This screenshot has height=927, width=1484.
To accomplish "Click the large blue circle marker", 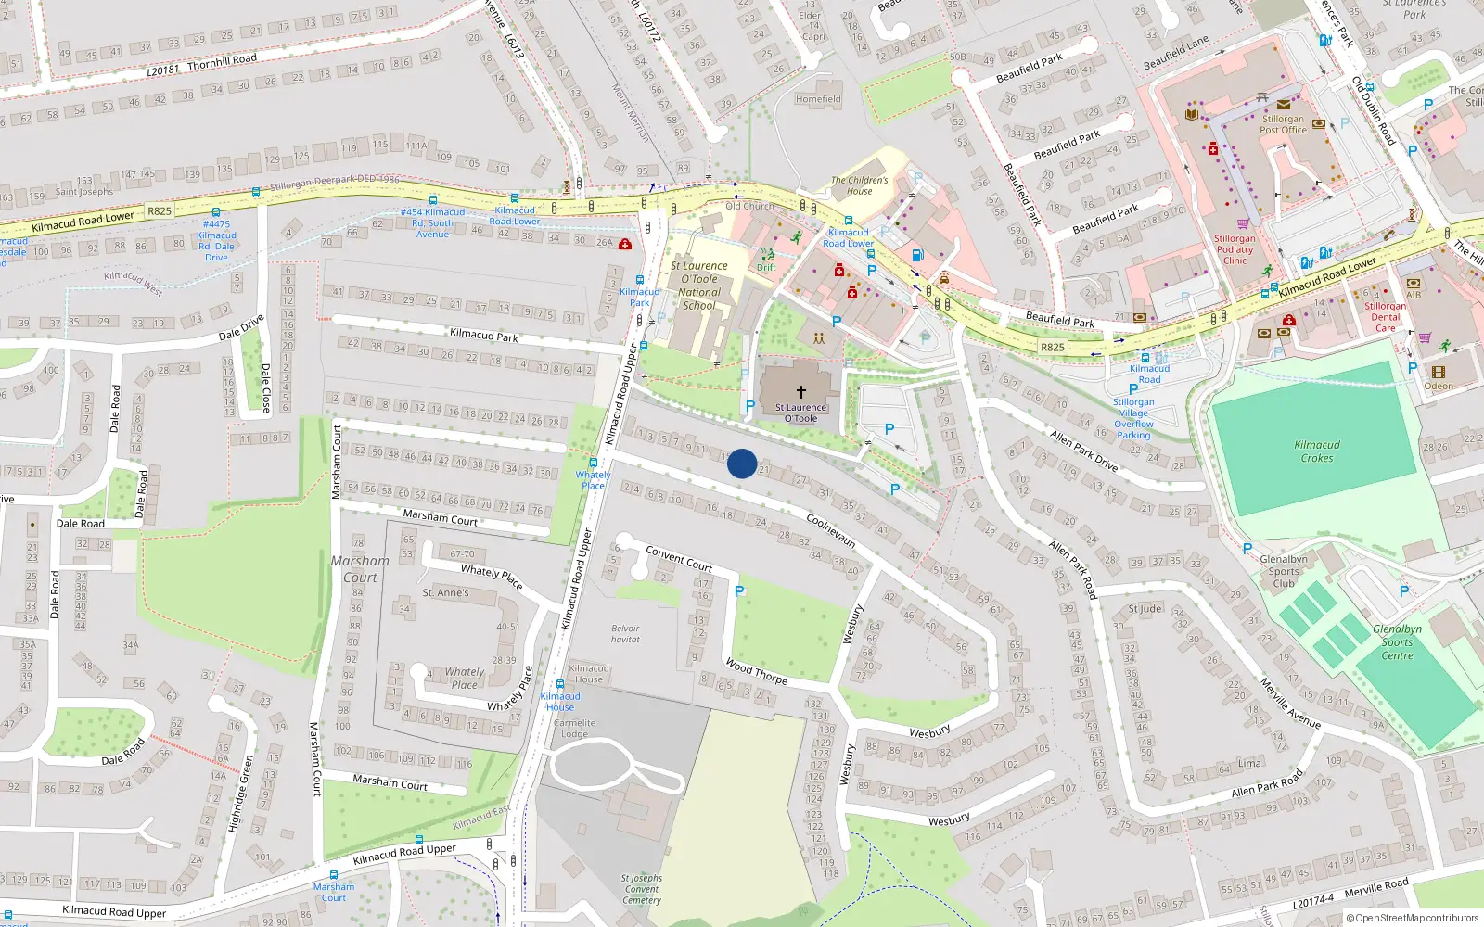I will pyautogui.click(x=742, y=463).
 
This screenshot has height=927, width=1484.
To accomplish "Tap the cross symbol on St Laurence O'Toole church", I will pyautogui.click(x=801, y=392).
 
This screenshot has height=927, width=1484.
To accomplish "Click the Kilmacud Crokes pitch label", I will pyautogui.click(x=1317, y=451).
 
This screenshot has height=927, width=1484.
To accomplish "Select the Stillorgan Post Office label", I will pyautogui.click(x=1283, y=124).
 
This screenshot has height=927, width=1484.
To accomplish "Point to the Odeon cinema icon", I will pyautogui.click(x=1439, y=373).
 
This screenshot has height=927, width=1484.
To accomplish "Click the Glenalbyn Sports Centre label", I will pyautogui.click(x=1397, y=642).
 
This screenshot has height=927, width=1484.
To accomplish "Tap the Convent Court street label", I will pyautogui.click(x=679, y=558).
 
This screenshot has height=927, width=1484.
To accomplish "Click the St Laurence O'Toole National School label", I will pyautogui.click(x=699, y=286).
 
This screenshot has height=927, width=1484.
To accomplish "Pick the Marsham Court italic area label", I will pyautogui.click(x=360, y=569).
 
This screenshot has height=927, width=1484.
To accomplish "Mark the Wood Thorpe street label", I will pyautogui.click(x=757, y=672).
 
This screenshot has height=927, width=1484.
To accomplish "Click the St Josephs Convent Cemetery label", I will pyautogui.click(x=642, y=889).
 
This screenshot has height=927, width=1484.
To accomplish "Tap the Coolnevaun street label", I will pyautogui.click(x=831, y=530).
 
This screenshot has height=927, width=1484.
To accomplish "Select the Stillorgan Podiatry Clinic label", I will pyautogui.click(x=1235, y=249).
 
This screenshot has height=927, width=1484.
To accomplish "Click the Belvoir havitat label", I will pyautogui.click(x=625, y=634).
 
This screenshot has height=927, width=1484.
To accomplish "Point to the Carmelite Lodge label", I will pyautogui.click(x=574, y=729).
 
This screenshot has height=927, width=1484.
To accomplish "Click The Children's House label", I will pyautogui.click(x=859, y=185).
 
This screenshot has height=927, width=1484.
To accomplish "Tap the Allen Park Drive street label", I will pyautogui.click(x=1083, y=450).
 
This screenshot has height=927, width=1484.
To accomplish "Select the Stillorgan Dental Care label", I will pyautogui.click(x=1385, y=317).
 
